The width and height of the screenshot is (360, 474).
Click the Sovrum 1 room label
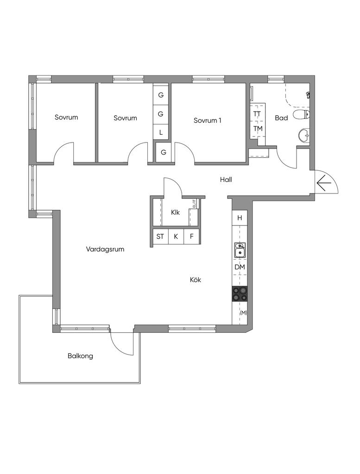pos(208,120)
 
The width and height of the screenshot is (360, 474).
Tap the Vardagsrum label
pos(105,249)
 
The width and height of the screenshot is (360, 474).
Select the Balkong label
pos(80,356)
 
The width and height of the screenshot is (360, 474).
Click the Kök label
pos(196,280)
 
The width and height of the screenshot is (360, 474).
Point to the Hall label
pos(226,180)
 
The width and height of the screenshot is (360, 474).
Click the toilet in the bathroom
pos(302,115)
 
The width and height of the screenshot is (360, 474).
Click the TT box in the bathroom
pos(258,114)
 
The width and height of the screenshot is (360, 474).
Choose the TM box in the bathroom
pos(258,129)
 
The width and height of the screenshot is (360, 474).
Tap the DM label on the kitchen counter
pos(240,267)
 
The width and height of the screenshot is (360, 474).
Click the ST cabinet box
pos(160,236)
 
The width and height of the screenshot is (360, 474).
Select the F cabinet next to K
pos(191,236)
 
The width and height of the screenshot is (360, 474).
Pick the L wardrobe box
pos(161,132)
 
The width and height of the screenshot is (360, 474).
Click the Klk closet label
pos(175,212)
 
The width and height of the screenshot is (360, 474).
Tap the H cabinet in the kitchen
pos(240,218)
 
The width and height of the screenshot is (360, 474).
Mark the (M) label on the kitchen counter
pos(243,313)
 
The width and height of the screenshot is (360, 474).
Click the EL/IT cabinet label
pos(194,203)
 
